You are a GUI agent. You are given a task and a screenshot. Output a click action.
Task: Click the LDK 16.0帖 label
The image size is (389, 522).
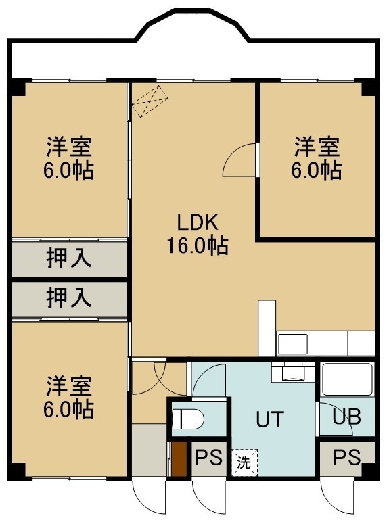pyautogui.click(x=197, y=234)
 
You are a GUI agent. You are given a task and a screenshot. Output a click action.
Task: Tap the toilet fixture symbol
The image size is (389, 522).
pyautogui.click(x=188, y=419)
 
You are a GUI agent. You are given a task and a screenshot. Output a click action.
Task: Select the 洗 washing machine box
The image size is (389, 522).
pyautogui.click(x=245, y=462)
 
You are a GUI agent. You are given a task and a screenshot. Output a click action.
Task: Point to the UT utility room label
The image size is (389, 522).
pyautogui.click(x=270, y=419)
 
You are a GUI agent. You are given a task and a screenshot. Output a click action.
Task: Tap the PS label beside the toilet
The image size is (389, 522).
pyautogui.click(x=208, y=457)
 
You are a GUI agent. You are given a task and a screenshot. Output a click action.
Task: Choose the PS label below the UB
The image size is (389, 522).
pyautogui.click(x=346, y=457)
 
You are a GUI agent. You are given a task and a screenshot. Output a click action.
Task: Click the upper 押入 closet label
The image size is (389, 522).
pyautogui.click(x=68, y=258)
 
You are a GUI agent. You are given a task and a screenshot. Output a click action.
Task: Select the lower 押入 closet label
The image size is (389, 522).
pyautogui.click(x=68, y=298)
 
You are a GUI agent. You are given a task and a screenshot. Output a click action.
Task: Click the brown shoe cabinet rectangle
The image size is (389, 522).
pyautogui.click(x=179, y=458)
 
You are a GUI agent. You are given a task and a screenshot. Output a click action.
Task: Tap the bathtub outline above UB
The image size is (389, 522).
pyautogui.click(x=346, y=379)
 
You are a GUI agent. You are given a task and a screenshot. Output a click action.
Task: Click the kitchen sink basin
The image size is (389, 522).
pyautogui.click(x=293, y=344)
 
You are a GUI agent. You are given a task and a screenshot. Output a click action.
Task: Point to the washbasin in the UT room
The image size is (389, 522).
pyautogui.click(x=293, y=373)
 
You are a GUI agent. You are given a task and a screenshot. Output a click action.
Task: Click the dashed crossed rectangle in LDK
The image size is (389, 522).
pyautogui.click(x=150, y=101)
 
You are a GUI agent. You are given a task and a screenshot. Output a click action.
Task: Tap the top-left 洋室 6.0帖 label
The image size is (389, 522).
pyautogui.click(x=68, y=158)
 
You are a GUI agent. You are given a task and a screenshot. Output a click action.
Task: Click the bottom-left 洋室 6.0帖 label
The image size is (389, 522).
pyautogui.click(x=68, y=397)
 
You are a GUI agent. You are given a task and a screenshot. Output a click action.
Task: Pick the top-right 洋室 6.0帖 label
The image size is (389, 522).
pyautogui.click(x=317, y=158)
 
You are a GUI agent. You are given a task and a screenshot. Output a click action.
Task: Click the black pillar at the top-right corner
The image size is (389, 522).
pyautogui.click(x=369, y=87)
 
